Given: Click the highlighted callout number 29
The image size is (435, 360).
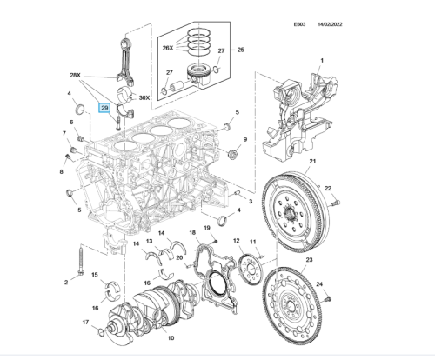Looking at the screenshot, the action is [x=104, y=108].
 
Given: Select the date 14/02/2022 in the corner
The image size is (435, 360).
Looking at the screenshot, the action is [x=330, y=24].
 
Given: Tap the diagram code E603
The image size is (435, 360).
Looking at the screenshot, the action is [x=299, y=24].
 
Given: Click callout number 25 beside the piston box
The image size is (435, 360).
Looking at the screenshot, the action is [x=240, y=50].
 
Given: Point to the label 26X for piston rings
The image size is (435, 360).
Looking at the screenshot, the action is [x=168, y=48].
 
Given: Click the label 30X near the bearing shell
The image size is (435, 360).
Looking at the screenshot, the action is [x=144, y=97].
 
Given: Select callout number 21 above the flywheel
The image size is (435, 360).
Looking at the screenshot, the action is [x=312, y=161].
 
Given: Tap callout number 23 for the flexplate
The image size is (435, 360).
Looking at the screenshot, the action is [x=309, y=259].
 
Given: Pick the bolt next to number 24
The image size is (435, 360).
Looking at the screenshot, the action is [x=328, y=298].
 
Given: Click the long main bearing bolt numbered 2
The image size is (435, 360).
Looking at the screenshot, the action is [x=81, y=260].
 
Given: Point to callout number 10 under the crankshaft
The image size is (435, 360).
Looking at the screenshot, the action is [x=171, y=338].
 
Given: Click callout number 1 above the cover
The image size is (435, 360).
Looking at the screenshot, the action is [x=322, y=61].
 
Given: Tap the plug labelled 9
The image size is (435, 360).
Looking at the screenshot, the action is [x=233, y=154].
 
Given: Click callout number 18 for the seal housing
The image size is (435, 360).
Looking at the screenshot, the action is [x=192, y=232].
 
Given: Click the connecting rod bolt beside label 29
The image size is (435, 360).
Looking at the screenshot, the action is [x=117, y=123].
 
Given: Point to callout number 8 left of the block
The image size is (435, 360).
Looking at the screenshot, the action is [x=61, y=171].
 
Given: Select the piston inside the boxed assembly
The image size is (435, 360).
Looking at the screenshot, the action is [x=198, y=75].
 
